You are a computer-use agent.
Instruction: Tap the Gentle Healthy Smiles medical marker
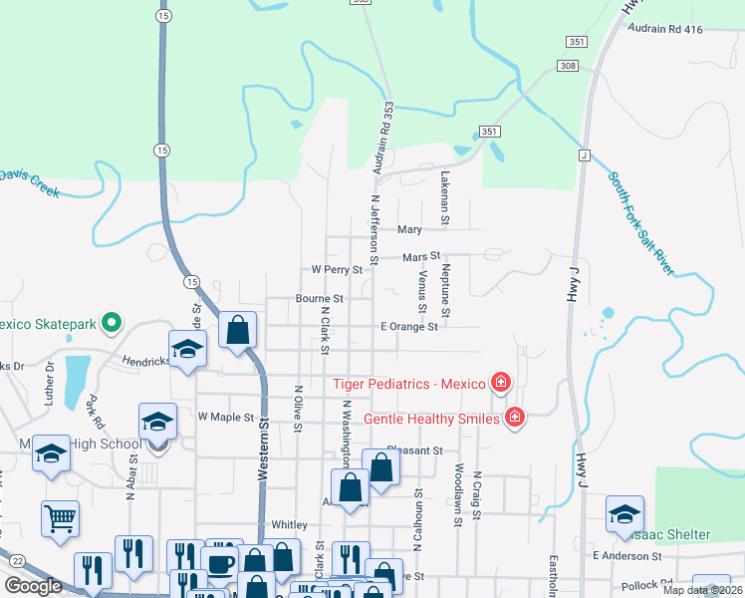tap(515, 418)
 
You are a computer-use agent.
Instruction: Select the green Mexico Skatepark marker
tap(113, 323)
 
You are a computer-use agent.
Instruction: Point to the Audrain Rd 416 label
tap(665, 29)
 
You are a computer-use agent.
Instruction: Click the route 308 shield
tap(568, 66)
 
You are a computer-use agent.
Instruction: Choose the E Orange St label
tap(408, 326)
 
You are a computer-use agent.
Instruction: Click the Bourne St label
tap(319, 298)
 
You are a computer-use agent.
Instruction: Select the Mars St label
tap(421, 257)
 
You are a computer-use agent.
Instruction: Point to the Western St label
tap(264, 451)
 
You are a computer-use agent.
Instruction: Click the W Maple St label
tap(226, 416)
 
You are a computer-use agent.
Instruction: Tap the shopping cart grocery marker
tap(60, 517)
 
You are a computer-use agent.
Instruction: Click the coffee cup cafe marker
tap(220, 562)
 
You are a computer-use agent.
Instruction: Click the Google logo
tap(33, 586)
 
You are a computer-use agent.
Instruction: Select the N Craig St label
tap(477, 487)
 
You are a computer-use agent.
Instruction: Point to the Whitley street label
tap(289, 524)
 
